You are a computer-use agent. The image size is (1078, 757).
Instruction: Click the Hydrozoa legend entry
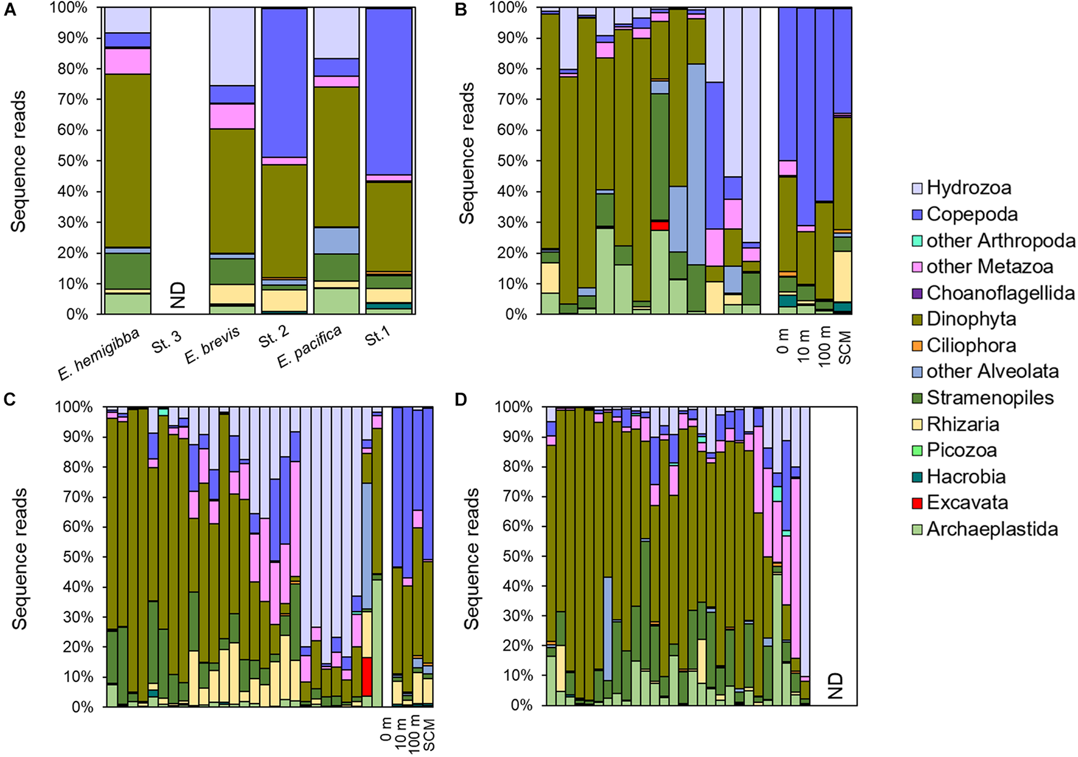(968, 188)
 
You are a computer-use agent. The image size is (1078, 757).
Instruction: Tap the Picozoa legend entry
(961, 451)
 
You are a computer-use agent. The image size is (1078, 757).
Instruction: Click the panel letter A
(10, 10)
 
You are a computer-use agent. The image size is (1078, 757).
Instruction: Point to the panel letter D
(462, 399)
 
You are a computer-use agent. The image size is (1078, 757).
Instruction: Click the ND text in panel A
(178, 295)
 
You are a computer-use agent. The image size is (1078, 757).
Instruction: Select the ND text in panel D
(835, 685)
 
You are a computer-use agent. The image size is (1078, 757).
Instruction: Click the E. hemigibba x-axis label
(99, 354)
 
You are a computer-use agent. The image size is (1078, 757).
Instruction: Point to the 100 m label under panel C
(415, 735)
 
